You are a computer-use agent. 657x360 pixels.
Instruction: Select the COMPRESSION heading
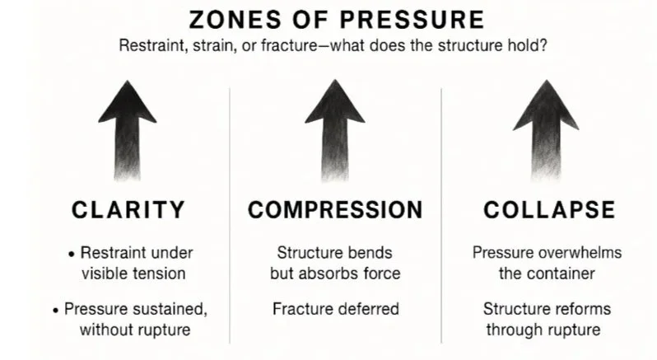coord(335,209)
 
